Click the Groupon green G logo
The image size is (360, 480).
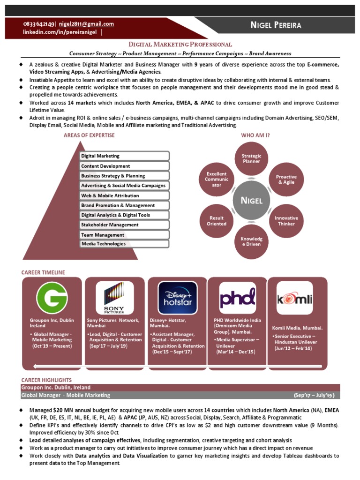pyautogui.click(x=52, y=298)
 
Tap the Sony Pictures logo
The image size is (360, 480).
pyautogui.click(x=114, y=298)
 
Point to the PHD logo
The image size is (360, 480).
pyautogui.click(x=238, y=298)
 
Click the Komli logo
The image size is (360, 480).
pyautogui.click(x=294, y=298)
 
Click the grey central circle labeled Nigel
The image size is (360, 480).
pyautogui.click(x=251, y=201)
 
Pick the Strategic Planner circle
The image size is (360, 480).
pyautogui.click(x=251, y=159)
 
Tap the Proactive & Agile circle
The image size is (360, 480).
pyautogui.click(x=286, y=180)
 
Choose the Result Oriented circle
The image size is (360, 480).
pyautogui.click(x=216, y=221)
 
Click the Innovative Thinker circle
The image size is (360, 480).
pyautogui.click(x=286, y=221)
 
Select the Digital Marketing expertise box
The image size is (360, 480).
pyautogui.click(x=124, y=156)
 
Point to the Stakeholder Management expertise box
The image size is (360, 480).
pyautogui.click(x=124, y=225)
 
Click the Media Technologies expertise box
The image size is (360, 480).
pyautogui.click(x=124, y=244)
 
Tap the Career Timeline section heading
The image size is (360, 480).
pyautogui.click(x=43, y=272)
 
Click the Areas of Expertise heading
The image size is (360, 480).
pyautogui.click(x=89, y=135)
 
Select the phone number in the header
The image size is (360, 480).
pyautogui.click(x=39, y=24)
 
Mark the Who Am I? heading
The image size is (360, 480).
pyautogui.click(x=255, y=135)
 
